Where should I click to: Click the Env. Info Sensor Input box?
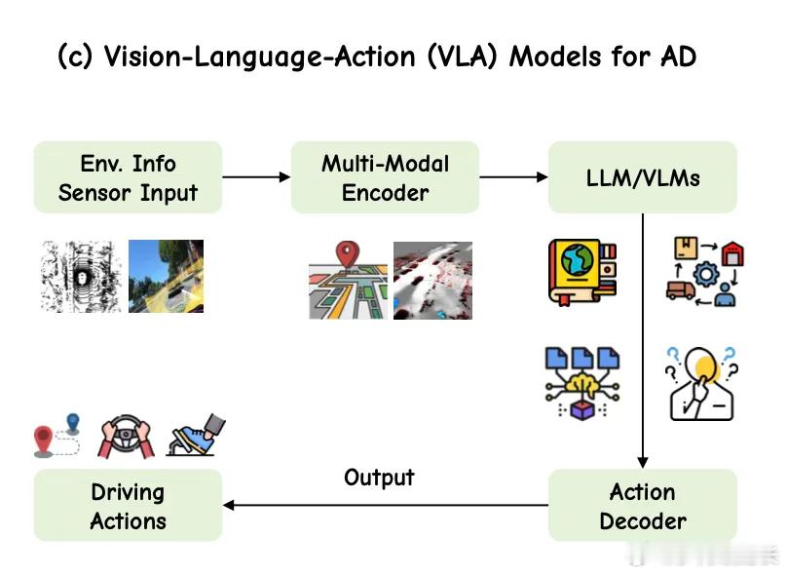point(128,177)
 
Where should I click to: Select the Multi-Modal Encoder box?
point(385,177)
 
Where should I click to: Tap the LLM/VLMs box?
point(643,177)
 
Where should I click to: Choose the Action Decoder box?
point(643,505)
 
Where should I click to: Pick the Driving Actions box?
point(128,505)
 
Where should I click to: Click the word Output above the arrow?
point(379,478)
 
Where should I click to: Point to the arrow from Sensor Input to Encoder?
point(256,176)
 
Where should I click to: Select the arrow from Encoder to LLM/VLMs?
point(513,176)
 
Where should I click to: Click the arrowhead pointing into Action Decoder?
point(643,463)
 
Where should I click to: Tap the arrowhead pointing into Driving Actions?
point(228,505)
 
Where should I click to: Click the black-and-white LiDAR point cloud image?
point(80,277)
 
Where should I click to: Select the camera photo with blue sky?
point(167,276)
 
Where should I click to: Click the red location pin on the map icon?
point(348,255)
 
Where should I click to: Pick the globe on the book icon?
point(578,259)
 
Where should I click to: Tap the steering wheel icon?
point(126,436)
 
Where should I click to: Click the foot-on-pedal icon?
point(196,435)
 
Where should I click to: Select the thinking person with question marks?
point(702,384)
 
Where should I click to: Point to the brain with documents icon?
point(582,383)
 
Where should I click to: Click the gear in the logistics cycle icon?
point(706,274)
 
